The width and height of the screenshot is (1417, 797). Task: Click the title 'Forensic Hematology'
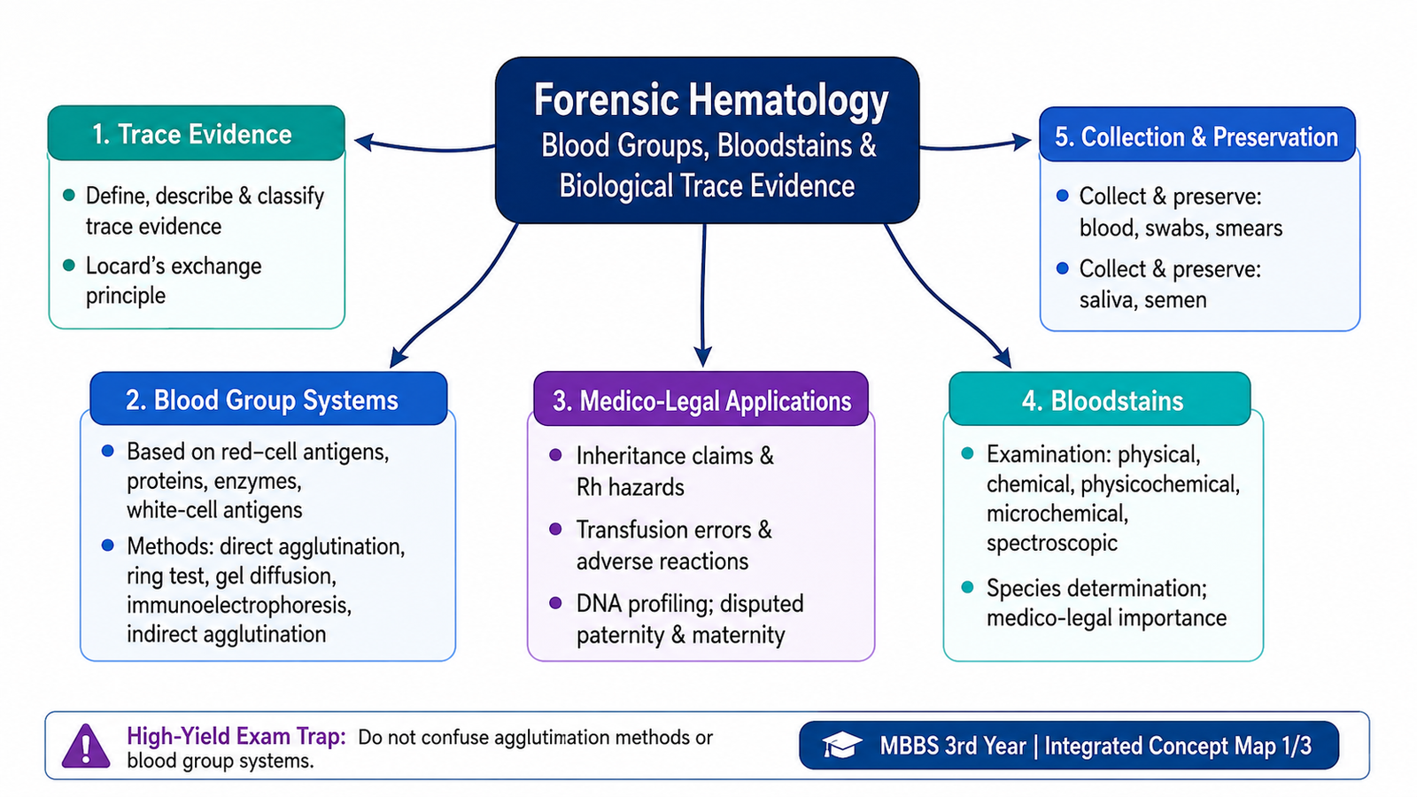click(711, 100)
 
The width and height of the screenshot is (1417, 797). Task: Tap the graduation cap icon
click(841, 745)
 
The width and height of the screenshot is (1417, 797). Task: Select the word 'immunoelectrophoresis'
click(239, 606)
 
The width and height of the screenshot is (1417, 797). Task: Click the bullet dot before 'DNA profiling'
click(555, 603)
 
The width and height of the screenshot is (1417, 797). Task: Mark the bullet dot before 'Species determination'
click(967, 588)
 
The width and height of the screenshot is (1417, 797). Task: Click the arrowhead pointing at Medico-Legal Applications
click(703, 356)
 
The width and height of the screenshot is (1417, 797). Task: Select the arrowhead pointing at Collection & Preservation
click(1022, 141)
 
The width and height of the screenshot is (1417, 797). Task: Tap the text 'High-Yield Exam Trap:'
click(236, 736)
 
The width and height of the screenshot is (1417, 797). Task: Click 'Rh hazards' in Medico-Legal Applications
click(630, 488)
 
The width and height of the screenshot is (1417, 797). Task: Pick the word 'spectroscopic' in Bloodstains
click(1052, 544)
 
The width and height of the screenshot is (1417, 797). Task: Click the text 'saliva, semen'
click(1143, 300)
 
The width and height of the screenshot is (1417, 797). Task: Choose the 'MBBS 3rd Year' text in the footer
click(953, 746)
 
